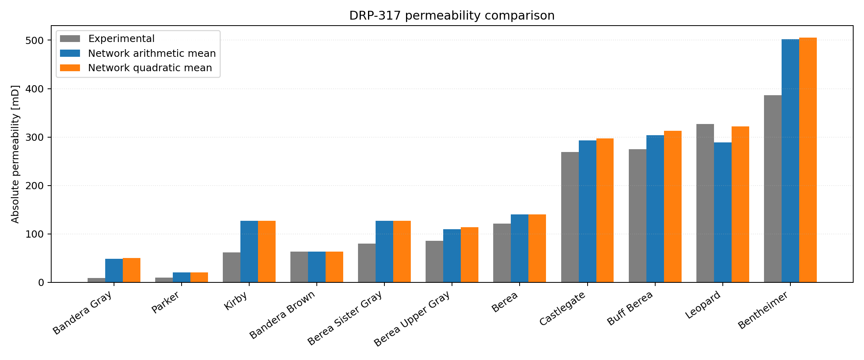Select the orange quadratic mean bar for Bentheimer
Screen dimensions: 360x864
point(808,160)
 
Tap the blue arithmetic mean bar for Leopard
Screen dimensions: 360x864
point(722,212)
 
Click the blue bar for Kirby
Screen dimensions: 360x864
point(249,252)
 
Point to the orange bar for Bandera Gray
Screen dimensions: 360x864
point(131,270)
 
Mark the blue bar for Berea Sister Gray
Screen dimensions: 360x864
point(384,252)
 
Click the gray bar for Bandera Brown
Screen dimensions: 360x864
point(299,267)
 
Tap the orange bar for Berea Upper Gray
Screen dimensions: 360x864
point(469,255)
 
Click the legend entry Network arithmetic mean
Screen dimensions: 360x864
point(152,54)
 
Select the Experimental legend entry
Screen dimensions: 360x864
point(121,39)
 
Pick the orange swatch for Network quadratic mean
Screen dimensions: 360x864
point(70,68)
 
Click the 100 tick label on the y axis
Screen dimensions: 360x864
point(36,234)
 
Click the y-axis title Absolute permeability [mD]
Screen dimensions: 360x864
point(15,154)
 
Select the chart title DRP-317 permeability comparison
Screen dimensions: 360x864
point(452,16)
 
